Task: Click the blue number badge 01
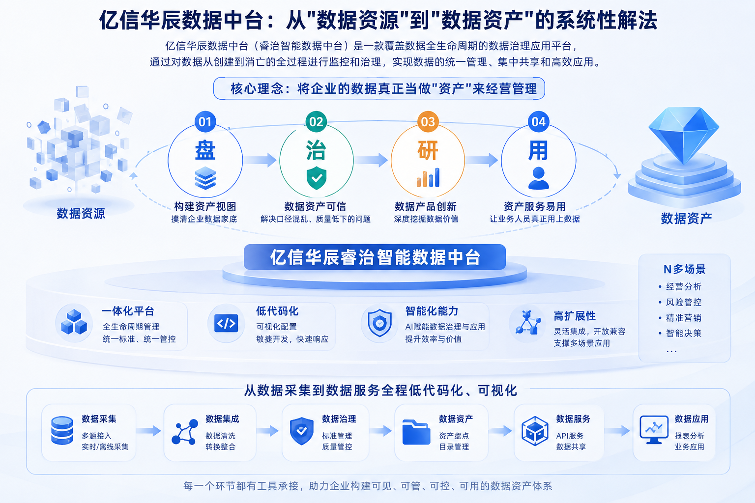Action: (205, 122)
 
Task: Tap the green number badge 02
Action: (316, 122)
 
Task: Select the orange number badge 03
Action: (428, 122)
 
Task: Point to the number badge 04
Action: (538, 122)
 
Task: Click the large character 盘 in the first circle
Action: (205, 150)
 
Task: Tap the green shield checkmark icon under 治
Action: (316, 177)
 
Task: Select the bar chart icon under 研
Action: (428, 177)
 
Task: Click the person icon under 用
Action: (538, 178)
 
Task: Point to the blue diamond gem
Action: (684, 135)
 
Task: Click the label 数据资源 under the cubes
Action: (81, 214)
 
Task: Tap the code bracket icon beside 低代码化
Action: (226, 323)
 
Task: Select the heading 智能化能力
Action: (432, 311)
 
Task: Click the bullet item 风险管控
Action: (684, 302)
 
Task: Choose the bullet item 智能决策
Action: (684, 333)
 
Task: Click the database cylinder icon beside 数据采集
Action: (62, 431)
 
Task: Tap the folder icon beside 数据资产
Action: (416, 432)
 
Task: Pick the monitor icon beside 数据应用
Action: (654, 430)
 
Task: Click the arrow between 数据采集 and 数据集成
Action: (148, 431)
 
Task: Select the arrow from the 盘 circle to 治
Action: (260, 160)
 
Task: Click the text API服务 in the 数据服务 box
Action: (570, 436)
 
